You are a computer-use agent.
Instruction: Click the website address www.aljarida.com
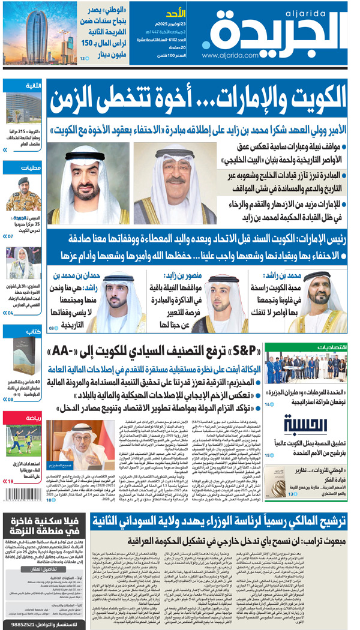(x=223, y=55)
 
